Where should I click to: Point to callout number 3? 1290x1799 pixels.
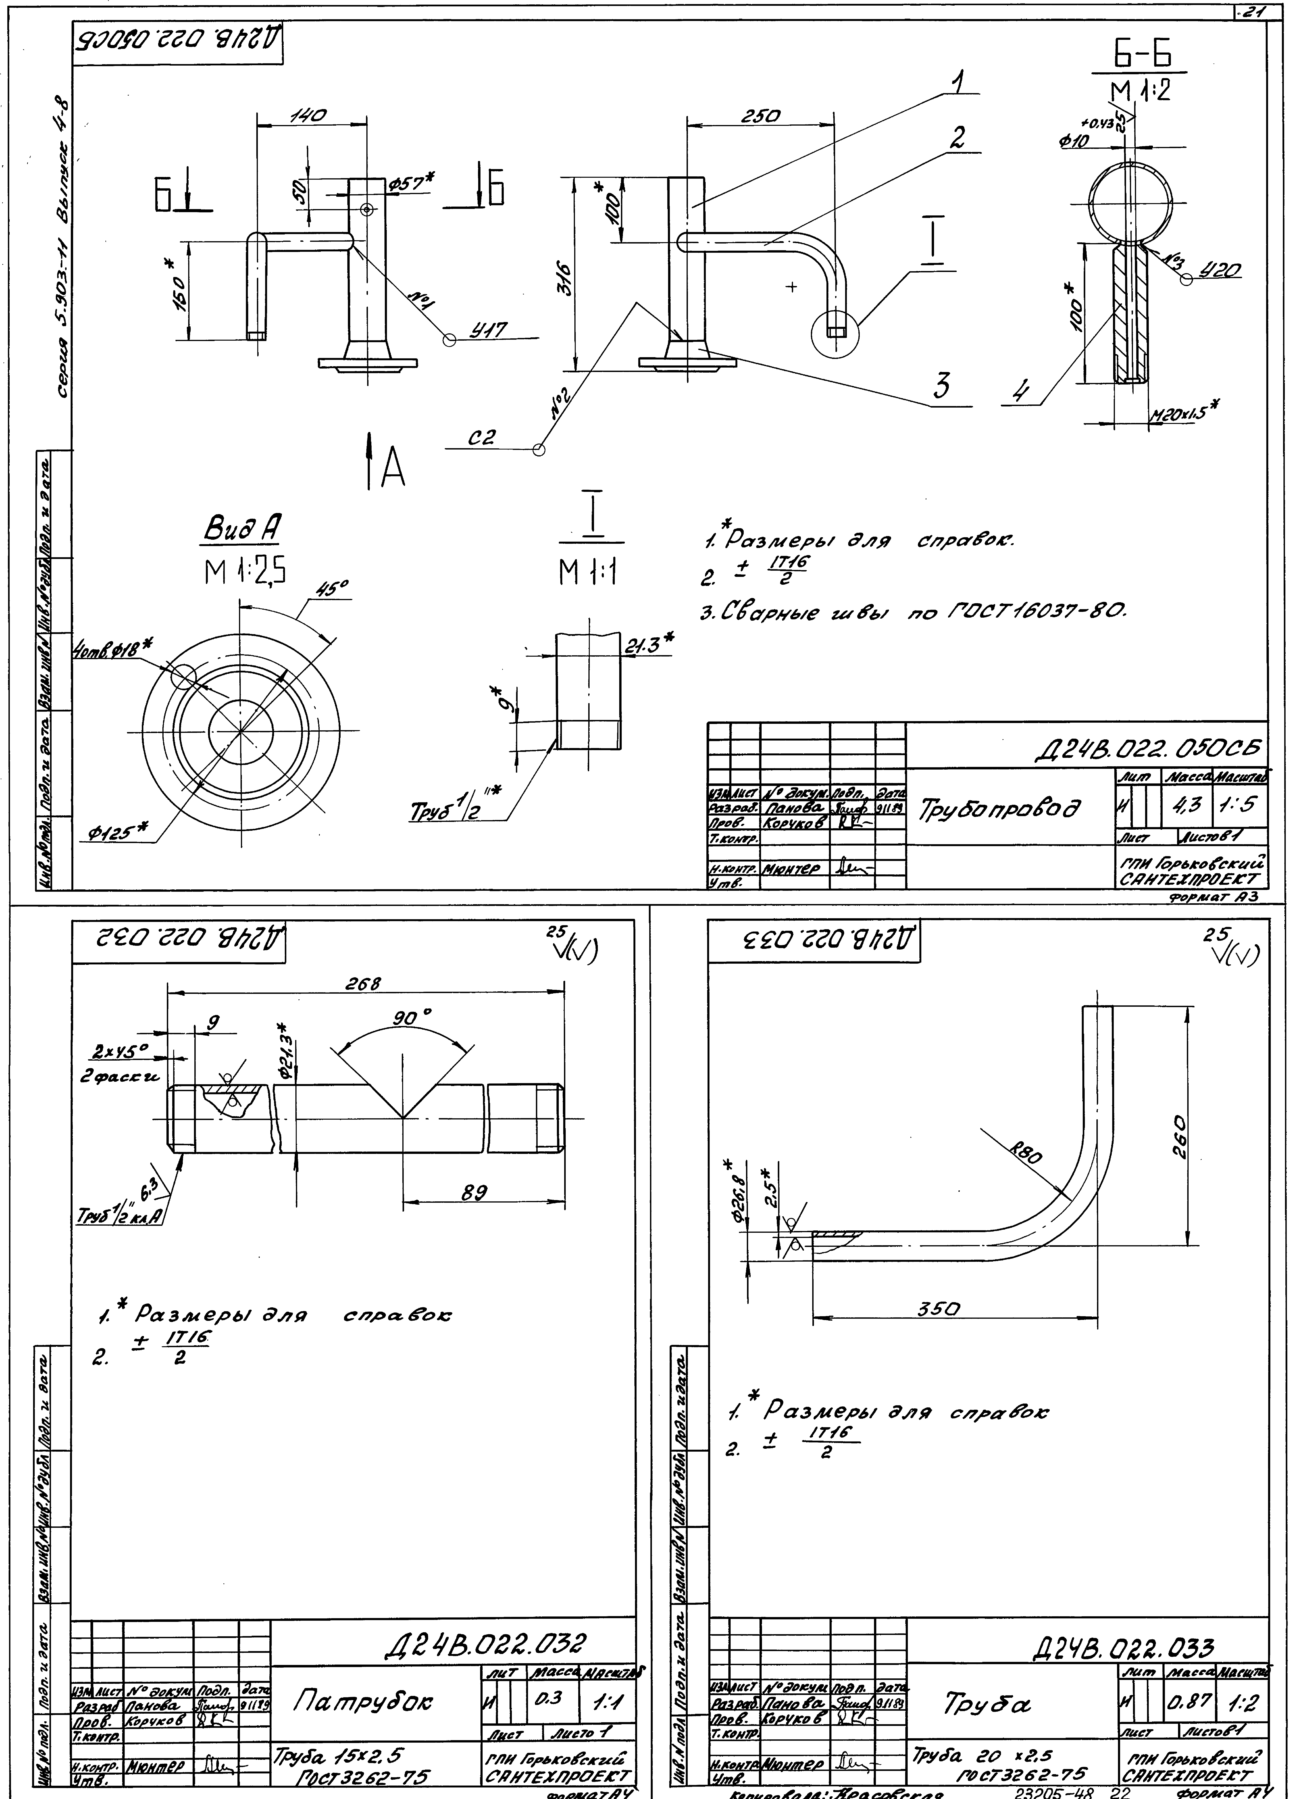click(x=942, y=386)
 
